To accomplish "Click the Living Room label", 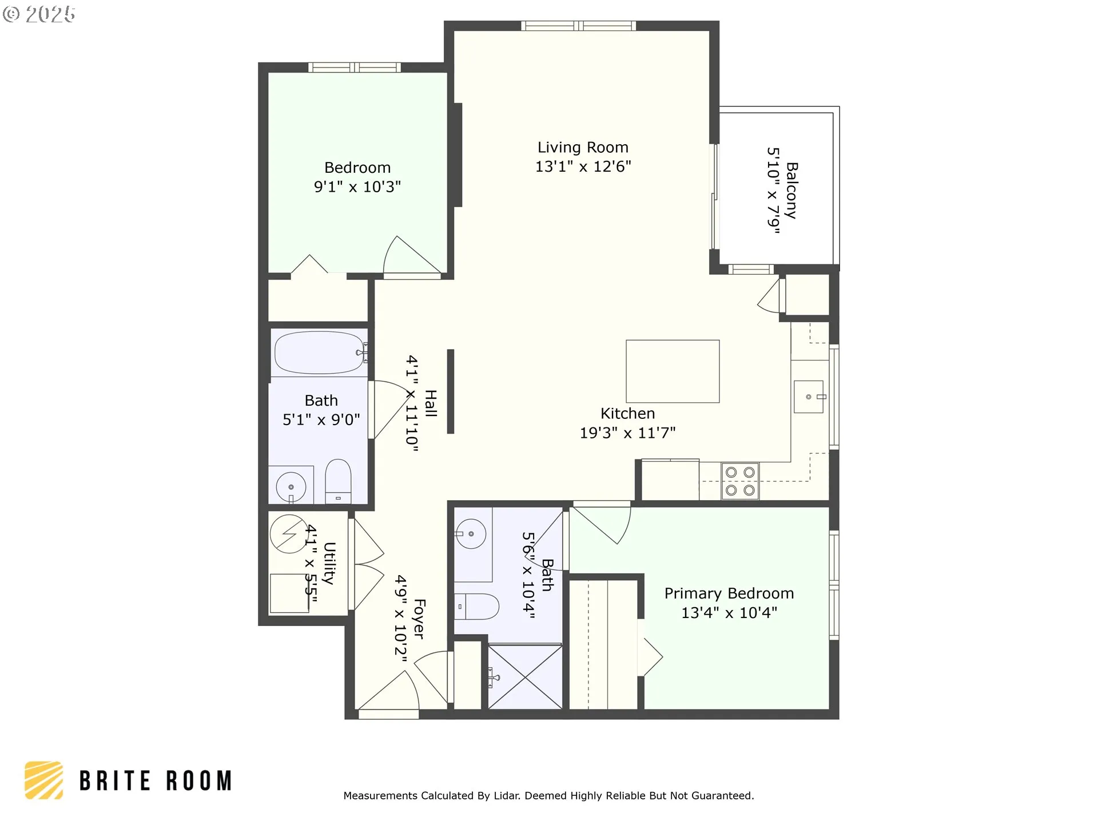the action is point(583,147).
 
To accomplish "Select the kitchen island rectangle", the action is point(673,371).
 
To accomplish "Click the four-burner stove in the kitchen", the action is point(740,481).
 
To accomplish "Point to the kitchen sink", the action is point(809,397).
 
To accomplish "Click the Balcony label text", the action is point(791,191).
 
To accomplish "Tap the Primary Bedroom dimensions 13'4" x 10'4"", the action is point(729,613).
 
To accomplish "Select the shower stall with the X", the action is point(525,677).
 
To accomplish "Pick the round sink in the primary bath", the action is point(471,534).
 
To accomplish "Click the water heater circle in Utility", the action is point(289,534).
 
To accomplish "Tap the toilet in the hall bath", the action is point(338,481).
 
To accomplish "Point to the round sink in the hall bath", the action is point(291,487).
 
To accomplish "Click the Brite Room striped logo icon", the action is point(44,780).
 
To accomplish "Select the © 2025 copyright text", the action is point(39,14).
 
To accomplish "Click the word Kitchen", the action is point(627,413).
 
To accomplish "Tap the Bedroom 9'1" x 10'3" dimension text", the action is point(357,187).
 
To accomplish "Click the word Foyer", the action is point(419,619).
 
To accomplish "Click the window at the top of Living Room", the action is point(579,26).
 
